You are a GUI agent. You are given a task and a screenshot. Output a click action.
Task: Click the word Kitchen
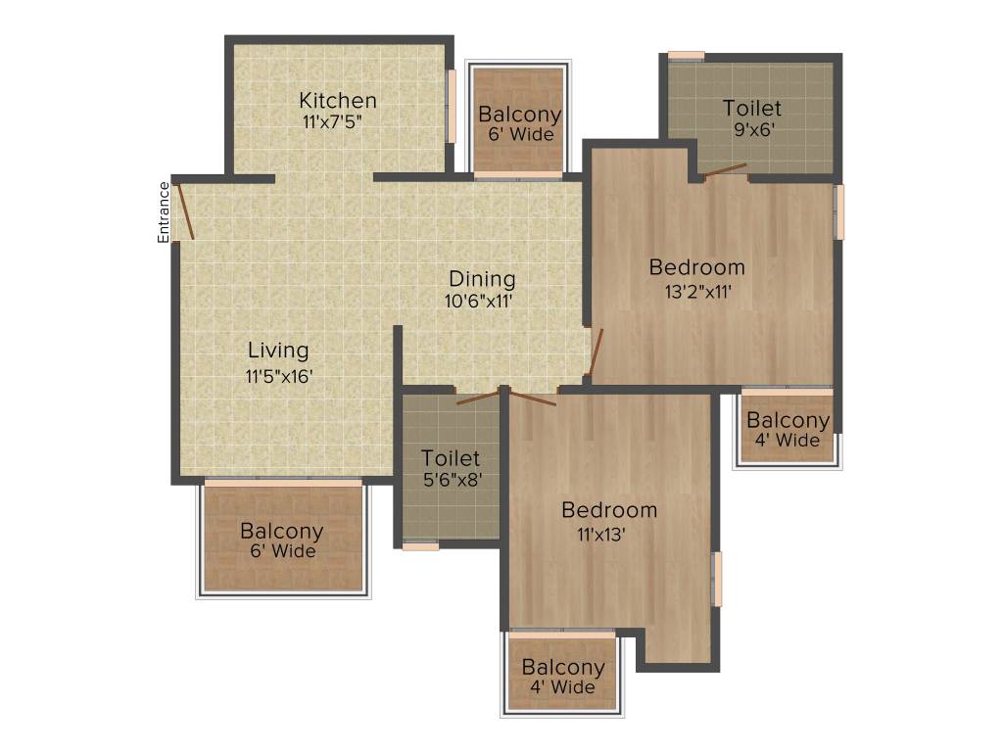tap(338, 101)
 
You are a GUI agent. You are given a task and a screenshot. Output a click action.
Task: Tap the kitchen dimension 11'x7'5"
tap(338, 121)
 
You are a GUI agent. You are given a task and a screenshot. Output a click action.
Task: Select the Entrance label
tap(164, 211)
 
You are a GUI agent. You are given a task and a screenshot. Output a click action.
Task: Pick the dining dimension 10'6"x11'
tap(479, 301)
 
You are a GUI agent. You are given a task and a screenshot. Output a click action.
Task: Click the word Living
tap(278, 351)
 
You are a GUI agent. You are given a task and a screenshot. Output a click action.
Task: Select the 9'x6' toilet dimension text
tap(752, 130)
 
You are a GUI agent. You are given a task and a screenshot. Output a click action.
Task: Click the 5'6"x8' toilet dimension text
tap(451, 480)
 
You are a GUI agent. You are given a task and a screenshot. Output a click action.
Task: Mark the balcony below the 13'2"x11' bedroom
tap(788, 428)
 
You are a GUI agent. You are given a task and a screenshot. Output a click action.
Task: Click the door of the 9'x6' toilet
tap(725, 170)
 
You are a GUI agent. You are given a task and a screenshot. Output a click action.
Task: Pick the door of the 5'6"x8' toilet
tap(477, 397)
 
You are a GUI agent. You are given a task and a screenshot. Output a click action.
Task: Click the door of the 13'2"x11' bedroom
tap(597, 352)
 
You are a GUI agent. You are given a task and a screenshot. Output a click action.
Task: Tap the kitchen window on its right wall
tap(452, 106)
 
